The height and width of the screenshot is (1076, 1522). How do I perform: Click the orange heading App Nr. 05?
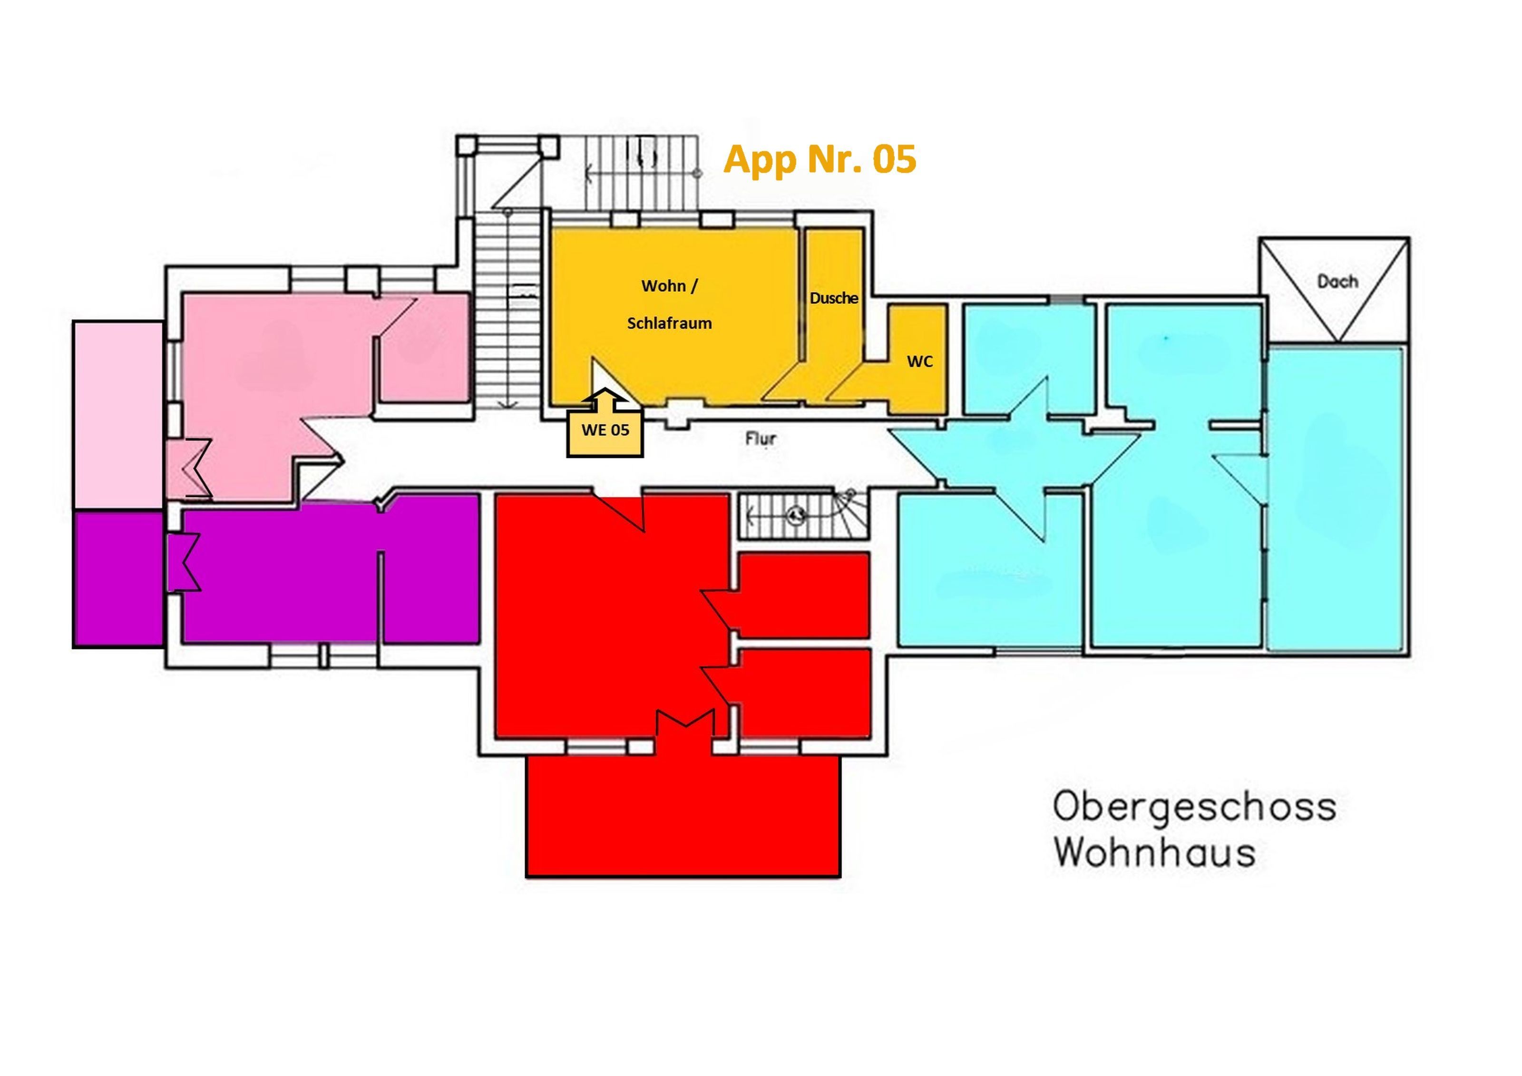click(820, 160)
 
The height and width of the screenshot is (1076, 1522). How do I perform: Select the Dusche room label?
click(834, 298)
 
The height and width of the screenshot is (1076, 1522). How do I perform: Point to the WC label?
click(920, 362)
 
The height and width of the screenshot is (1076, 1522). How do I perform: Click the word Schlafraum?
click(670, 323)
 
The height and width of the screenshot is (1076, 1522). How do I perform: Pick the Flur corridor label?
click(761, 439)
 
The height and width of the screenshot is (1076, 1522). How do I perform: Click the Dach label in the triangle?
click(1337, 282)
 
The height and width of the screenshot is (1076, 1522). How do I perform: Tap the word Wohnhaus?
click(1155, 852)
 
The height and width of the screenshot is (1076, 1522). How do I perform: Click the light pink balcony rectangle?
click(118, 416)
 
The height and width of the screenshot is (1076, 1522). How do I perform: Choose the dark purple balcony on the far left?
click(118, 579)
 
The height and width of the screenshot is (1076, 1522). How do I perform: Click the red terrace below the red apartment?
click(683, 817)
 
